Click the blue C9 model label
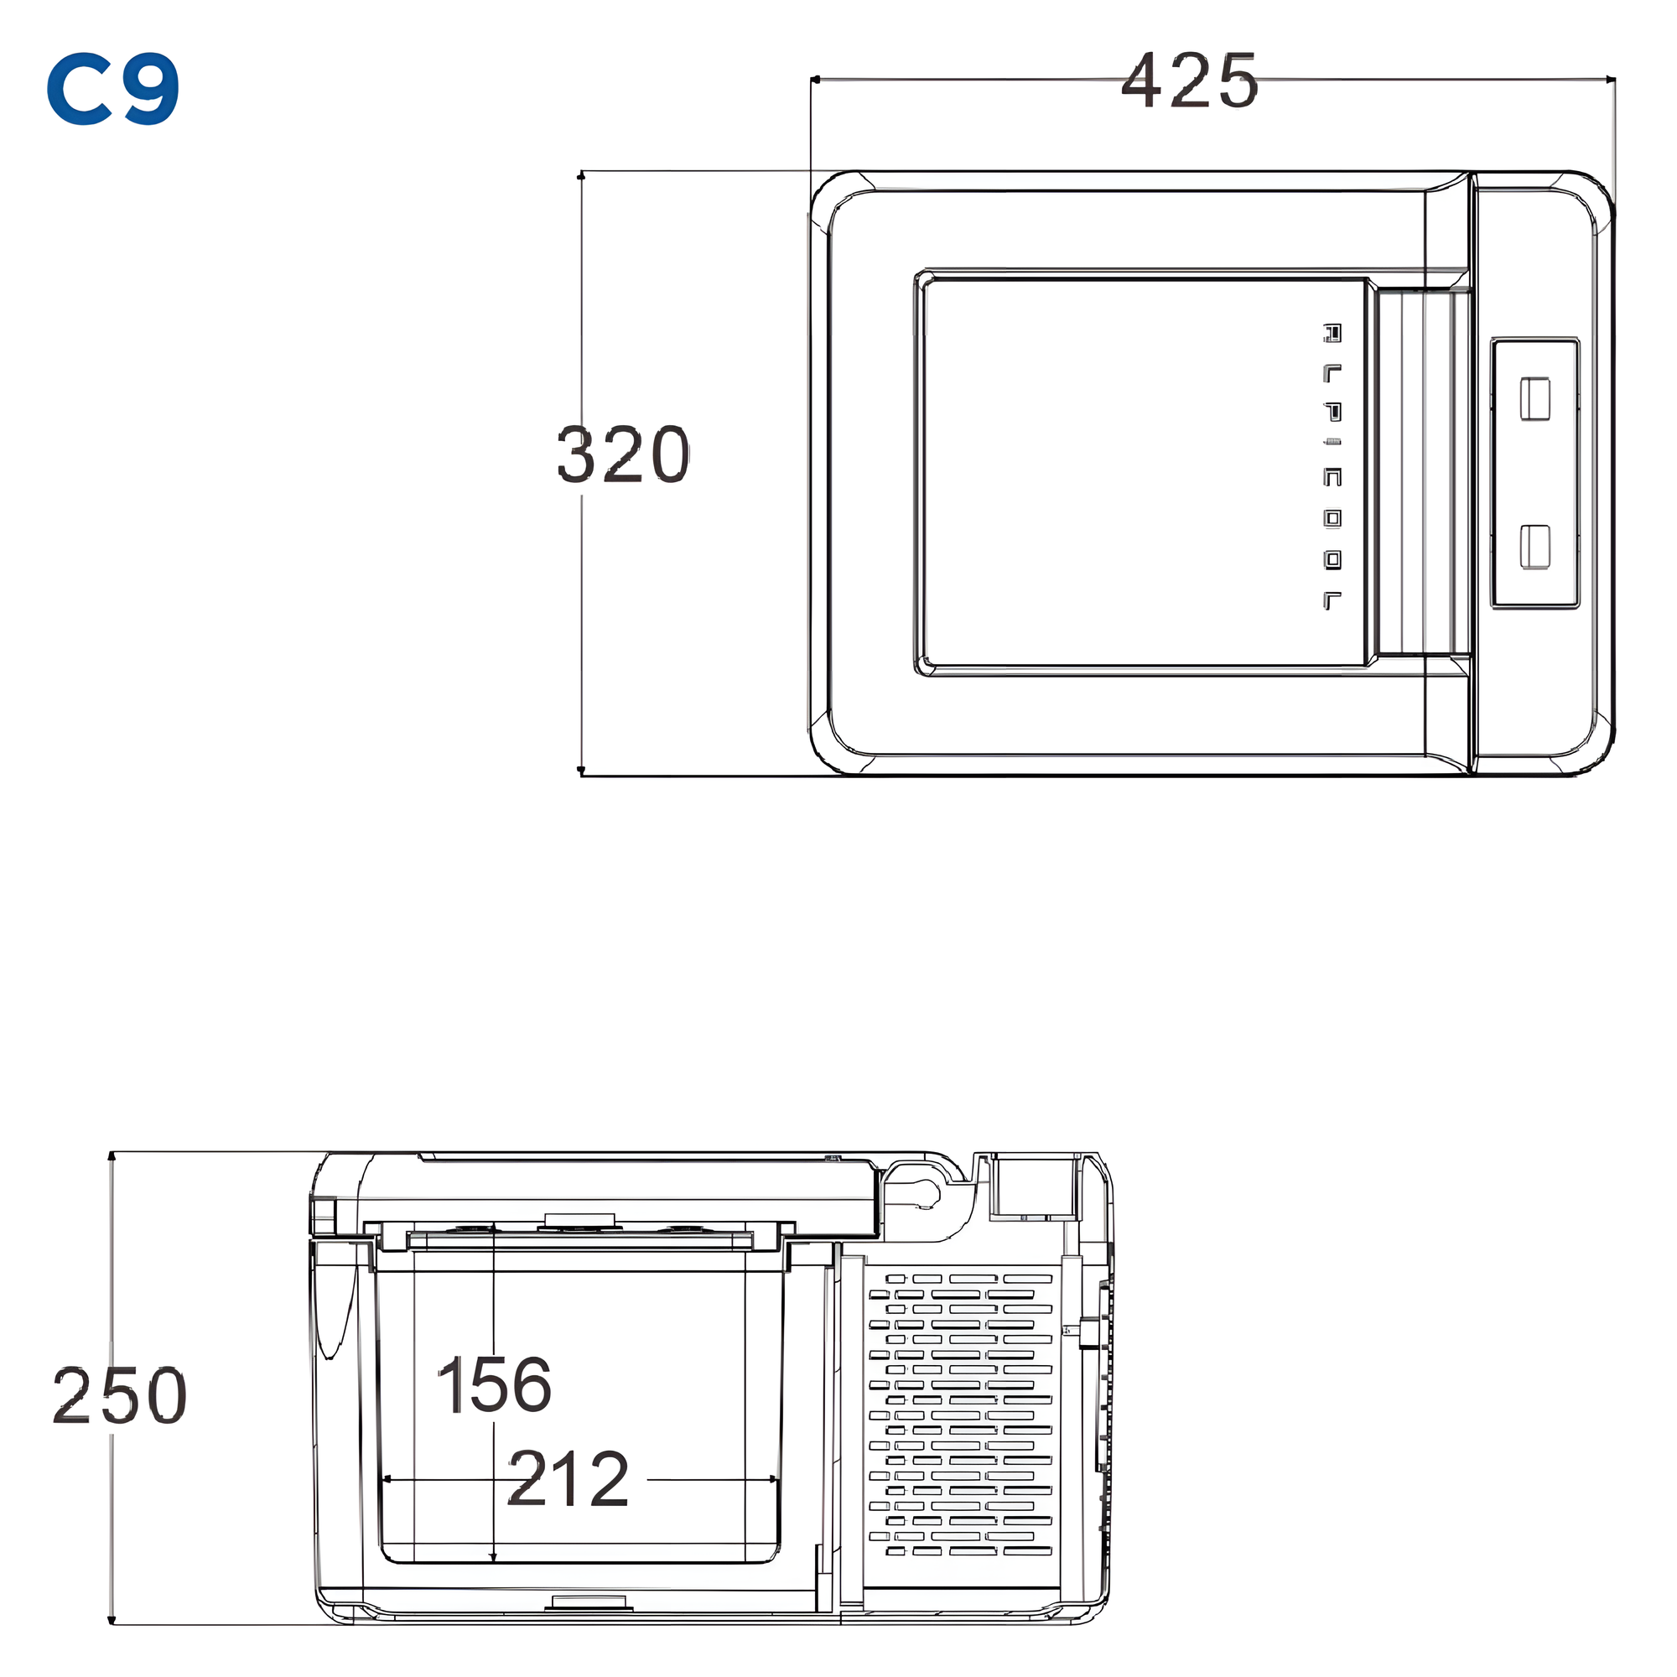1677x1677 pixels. coord(113,89)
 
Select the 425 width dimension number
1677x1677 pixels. coord(1188,80)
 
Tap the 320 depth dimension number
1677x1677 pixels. coord(622,454)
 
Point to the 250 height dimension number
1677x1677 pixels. coord(119,1396)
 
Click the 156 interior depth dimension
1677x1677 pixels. coord(493,1384)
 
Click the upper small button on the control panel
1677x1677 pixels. coord(1534,398)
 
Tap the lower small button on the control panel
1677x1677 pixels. coord(1534,547)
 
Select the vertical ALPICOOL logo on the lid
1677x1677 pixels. coord(1332,466)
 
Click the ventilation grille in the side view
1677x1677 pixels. coord(960,1415)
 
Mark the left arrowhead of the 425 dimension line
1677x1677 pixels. coord(815,80)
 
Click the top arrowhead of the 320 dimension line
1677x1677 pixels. coord(582,176)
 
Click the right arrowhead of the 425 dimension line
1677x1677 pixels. coord(1610,80)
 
